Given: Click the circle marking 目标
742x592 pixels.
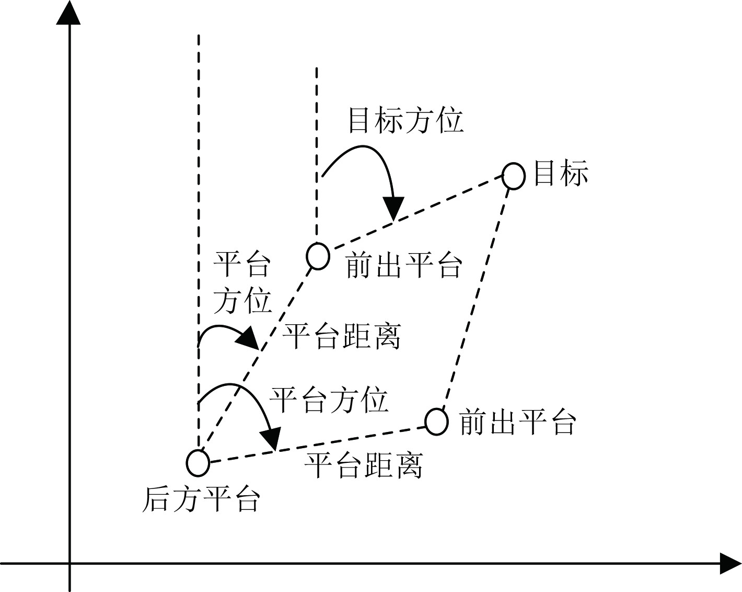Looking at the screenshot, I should point(514,176).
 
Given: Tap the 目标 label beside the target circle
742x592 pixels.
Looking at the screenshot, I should point(561,173).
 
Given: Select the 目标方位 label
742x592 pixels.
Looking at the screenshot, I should point(406,120).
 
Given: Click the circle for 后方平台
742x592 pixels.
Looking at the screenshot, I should point(198,462).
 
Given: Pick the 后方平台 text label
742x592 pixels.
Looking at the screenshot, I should point(201,499).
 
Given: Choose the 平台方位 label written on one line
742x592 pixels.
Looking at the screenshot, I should point(329,400).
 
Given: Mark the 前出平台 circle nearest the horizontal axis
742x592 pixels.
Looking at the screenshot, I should point(436,421).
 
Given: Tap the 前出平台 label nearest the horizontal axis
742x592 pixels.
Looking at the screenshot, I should point(517,422).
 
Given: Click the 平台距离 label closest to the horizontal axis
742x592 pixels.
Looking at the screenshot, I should point(364,465).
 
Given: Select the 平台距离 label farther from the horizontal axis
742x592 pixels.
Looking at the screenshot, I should point(342,336).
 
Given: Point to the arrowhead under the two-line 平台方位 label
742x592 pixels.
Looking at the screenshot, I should point(248,339).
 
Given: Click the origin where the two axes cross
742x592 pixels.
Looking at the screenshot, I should point(69,564).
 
